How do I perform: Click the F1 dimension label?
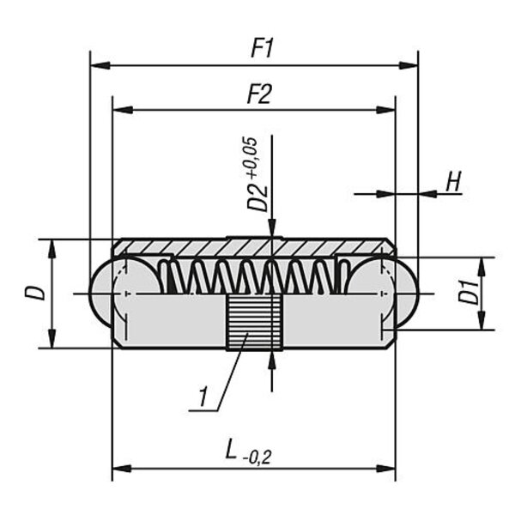tap(263, 50)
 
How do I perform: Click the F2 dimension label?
tap(259, 95)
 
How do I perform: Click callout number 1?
tap(203, 398)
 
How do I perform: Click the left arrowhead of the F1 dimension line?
tap(97, 65)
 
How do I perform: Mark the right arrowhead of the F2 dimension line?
tap(388, 110)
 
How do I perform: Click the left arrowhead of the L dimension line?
tap(119, 468)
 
